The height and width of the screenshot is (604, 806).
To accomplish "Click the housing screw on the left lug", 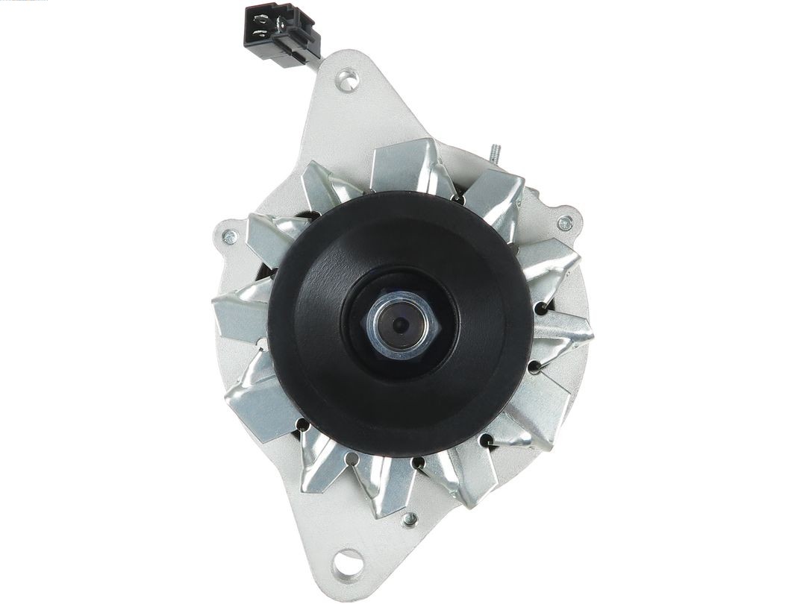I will pos(229,237).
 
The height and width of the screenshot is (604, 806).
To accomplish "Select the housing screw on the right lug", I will pos(565,222).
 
